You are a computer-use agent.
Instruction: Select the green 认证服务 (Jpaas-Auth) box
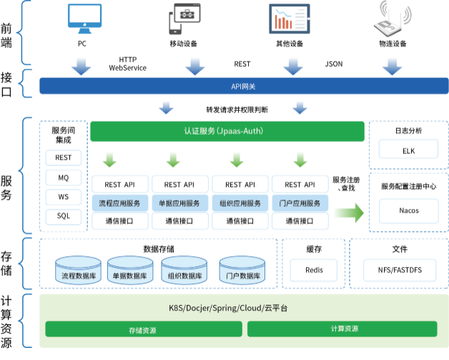pyautogui.click(x=227, y=131)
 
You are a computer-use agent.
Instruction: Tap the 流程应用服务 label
pyautogui.click(x=120, y=203)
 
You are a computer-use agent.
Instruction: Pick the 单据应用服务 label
pyautogui.click(x=180, y=203)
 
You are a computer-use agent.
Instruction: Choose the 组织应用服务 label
pyautogui.click(x=240, y=203)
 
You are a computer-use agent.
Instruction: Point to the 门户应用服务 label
pyautogui.click(x=300, y=203)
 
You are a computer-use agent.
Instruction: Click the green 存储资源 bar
pyautogui.click(x=143, y=329)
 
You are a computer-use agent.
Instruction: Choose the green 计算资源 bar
pyautogui.click(x=342, y=329)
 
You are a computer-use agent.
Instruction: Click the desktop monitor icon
pyautogui.click(x=87, y=19)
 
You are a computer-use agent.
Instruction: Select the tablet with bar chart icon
pyautogui.click(x=290, y=19)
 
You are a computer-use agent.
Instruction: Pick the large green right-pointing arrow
pyautogui.click(x=348, y=213)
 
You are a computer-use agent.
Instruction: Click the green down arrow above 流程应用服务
pyautogui.click(x=109, y=158)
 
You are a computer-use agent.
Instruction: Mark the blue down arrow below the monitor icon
pyautogui.click(x=81, y=67)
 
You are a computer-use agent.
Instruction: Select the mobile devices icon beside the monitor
pyautogui.click(x=187, y=19)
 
